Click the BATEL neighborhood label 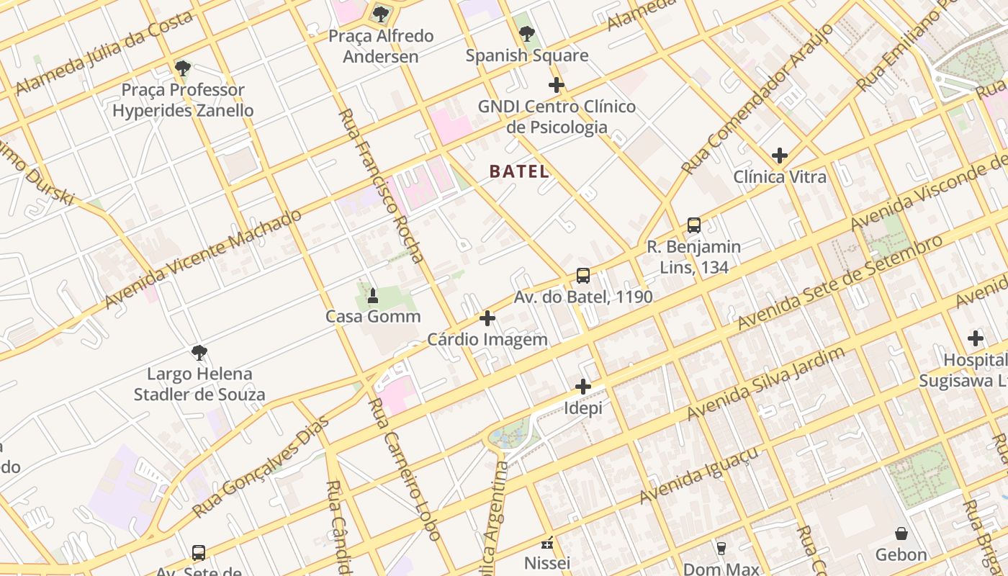[519, 171]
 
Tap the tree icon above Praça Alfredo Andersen [381, 14]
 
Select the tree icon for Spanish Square [526, 33]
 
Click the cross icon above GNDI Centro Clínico [556, 85]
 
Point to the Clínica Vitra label [780, 177]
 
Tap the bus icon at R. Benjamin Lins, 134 [694, 225]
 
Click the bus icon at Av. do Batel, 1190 [583, 276]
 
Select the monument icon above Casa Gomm [373, 295]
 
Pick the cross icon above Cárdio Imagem [487, 318]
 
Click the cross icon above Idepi [583, 387]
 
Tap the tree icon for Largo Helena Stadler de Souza [199, 353]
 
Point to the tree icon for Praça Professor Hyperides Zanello [183, 68]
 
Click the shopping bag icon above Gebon [901, 534]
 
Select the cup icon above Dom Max [721, 548]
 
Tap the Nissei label [547, 562]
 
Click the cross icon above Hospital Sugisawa [976, 338]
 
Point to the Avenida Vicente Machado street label [203, 259]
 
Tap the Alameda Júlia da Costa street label [104, 53]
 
